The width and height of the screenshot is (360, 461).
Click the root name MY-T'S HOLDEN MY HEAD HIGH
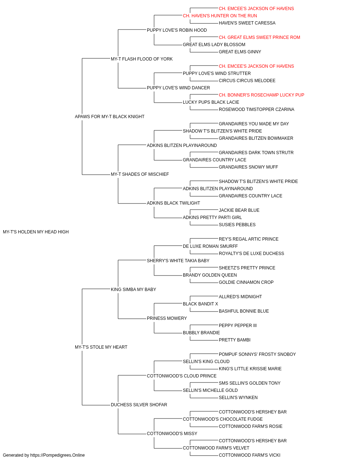pos(36,232)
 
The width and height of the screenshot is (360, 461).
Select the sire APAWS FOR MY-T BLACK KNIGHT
pos(109,117)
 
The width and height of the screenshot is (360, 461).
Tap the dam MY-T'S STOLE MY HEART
pos(101,347)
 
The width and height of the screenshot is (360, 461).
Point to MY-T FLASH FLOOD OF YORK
pos(141,59)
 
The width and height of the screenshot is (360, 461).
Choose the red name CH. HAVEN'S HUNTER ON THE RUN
pos(220,16)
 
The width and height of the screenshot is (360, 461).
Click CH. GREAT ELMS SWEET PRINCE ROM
pos(260,37)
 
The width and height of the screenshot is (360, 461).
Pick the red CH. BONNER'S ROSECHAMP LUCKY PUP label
pos(261,95)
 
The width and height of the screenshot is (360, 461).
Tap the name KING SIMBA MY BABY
pos(133,289)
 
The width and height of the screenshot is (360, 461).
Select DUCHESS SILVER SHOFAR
pos(139,405)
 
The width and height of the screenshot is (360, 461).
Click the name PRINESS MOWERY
pos(167,318)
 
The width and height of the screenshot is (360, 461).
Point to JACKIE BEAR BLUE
pos(239,210)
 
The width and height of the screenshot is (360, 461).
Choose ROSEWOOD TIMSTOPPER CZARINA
pos(257,109)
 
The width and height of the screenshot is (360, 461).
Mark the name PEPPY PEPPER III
pos(238,326)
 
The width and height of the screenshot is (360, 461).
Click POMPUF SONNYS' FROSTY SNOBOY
pos(257,354)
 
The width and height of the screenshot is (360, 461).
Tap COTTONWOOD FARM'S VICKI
pos(249,455)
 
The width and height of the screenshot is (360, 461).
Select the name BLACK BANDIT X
pos(201,304)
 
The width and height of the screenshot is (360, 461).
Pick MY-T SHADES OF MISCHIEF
pos(140,174)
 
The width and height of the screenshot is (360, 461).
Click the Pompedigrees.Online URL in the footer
pos(58,455)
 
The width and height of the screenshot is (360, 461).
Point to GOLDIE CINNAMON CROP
pos(246,282)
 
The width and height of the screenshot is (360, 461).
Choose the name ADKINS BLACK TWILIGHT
pos(174,203)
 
